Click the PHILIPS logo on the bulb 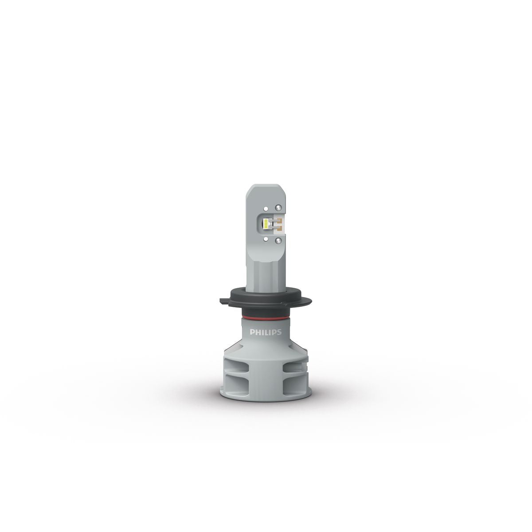tap(266, 332)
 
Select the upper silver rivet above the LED tap(278, 207)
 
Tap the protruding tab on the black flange tap(224, 301)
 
